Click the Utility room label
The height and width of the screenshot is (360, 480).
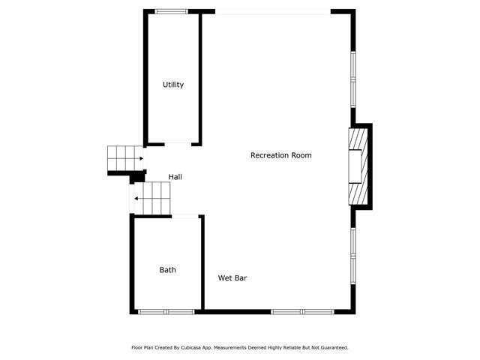coord(173,85)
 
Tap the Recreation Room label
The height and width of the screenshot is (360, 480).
coord(280,155)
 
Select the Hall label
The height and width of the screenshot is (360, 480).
coord(175,177)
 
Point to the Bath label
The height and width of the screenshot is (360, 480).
coord(167,270)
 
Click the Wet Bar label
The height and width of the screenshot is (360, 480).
coord(232,278)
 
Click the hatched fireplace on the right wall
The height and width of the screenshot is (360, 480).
coord(358,166)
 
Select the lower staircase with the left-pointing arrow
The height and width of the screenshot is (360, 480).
coord(153,198)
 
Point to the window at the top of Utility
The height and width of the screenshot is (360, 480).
coord(171,11)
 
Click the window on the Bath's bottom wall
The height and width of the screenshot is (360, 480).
coord(166,311)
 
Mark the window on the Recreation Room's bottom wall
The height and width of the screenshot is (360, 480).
coord(302,311)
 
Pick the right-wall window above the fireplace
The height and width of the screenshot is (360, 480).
coord(352,79)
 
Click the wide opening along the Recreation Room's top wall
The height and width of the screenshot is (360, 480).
coord(271,11)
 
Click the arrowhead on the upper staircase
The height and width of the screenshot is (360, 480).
coord(141,158)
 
